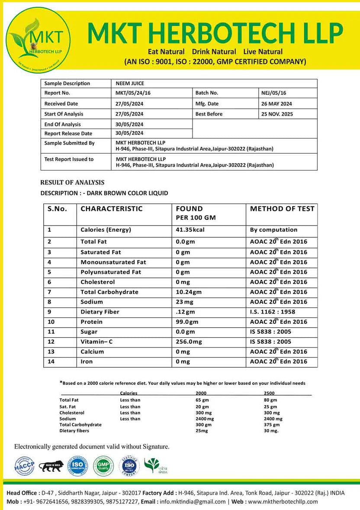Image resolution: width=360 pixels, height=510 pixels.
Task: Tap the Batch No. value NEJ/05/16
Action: click(x=274, y=93)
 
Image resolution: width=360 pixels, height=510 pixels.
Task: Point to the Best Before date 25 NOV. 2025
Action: click(x=276, y=114)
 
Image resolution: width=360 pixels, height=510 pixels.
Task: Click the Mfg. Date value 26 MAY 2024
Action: click(x=276, y=104)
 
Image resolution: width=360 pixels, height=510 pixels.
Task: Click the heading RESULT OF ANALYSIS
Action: click(x=72, y=183)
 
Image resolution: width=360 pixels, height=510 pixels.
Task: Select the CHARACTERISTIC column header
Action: click(x=112, y=209)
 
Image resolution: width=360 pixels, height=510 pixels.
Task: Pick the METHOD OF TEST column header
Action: click(x=282, y=209)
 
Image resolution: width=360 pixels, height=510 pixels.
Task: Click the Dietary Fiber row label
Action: click(x=100, y=312)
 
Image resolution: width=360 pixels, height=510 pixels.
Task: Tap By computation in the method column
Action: click(x=274, y=230)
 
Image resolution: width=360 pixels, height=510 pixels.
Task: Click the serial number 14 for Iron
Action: click(x=51, y=362)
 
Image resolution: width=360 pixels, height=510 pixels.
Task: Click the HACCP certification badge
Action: click(x=25, y=466)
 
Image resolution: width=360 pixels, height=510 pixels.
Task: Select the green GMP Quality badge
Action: click(x=104, y=466)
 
